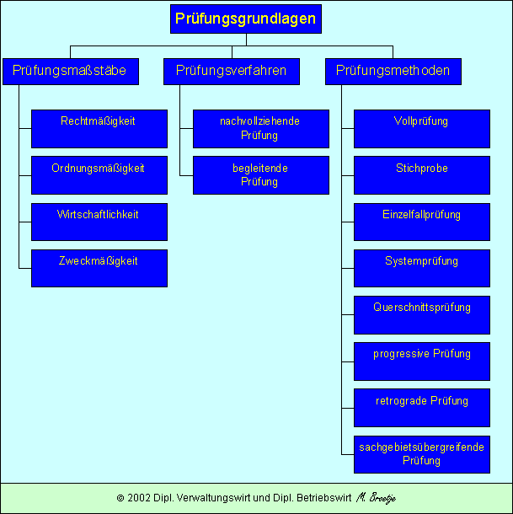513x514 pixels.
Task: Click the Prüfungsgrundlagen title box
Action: (246, 19)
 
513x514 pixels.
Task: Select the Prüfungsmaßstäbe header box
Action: (70, 71)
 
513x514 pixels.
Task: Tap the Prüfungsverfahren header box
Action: (232, 71)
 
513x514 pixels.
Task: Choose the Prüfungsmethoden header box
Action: (393, 71)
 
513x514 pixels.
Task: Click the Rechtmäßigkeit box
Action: (99, 128)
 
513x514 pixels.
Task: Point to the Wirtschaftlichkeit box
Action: (99, 222)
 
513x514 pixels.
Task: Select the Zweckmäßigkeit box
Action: (99, 268)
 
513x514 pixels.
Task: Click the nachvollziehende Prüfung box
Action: (260, 128)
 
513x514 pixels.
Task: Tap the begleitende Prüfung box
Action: (260, 175)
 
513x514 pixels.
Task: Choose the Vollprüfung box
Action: (422, 128)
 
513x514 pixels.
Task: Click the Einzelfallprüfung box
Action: (422, 222)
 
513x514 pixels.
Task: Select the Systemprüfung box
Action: (422, 268)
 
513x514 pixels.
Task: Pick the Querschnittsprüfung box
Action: (422, 314)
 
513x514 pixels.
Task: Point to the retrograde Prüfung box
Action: (422, 408)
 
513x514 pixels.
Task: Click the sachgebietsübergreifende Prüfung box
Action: (422, 454)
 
